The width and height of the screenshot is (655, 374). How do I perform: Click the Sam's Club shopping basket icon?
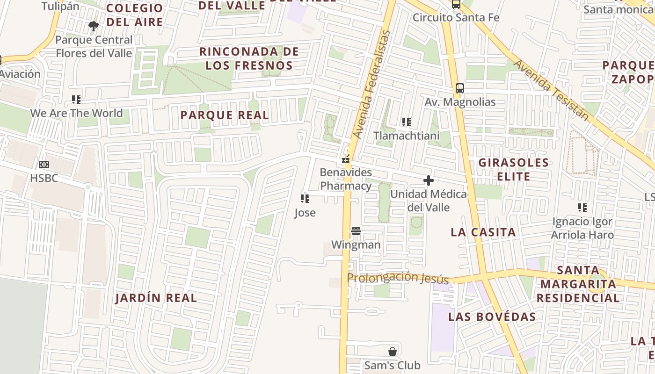(x=393, y=351)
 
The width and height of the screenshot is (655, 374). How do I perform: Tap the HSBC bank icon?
(x=44, y=164)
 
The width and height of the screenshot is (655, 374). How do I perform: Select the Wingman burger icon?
(x=356, y=230)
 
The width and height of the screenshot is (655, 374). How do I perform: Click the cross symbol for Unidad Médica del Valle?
(x=428, y=180)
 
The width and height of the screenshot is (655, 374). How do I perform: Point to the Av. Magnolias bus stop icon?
(x=460, y=88)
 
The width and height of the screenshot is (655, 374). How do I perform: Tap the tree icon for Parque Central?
(x=94, y=26)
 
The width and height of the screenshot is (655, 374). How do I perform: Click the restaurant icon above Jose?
(x=305, y=199)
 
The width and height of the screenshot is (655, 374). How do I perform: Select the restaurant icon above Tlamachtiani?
(x=407, y=122)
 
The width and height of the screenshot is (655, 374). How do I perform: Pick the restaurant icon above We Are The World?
(x=76, y=99)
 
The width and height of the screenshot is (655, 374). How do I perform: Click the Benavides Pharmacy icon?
(x=346, y=159)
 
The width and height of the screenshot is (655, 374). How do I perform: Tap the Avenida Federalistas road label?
(x=372, y=84)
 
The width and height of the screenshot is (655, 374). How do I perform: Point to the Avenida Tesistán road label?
(x=551, y=90)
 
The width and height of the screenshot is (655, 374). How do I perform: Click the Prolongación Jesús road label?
(x=398, y=278)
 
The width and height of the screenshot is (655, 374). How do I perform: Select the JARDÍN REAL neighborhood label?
(x=156, y=298)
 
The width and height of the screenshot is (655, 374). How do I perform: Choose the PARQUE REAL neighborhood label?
(x=225, y=115)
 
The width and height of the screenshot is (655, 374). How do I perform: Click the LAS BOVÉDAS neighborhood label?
(x=492, y=316)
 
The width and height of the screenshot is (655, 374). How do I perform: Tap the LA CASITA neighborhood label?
(x=483, y=232)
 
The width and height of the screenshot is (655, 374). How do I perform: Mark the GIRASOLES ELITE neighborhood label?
(x=513, y=169)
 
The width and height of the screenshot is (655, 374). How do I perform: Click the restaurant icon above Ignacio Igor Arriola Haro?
(x=582, y=207)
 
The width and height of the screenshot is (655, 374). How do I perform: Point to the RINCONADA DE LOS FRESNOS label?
(x=249, y=58)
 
